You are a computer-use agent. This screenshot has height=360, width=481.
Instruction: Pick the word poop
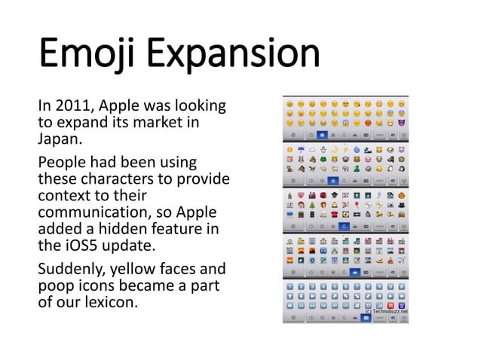click(54, 286)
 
